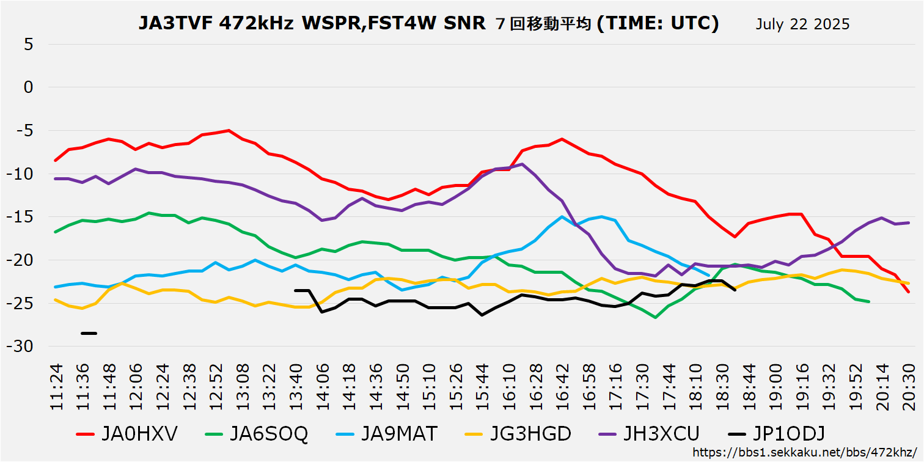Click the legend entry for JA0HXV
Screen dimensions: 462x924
tap(127, 434)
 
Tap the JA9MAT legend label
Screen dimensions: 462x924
tap(387, 434)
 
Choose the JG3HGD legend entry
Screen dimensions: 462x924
tap(518, 434)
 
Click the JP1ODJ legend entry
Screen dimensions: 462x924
tap(777, 434)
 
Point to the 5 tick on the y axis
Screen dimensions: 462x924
tap(28, 45)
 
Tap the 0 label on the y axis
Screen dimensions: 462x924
tap(28, 87)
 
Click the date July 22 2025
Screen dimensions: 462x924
tap(802, 24)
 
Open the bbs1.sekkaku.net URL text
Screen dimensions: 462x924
tap(807, 453)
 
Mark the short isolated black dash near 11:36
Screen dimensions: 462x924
tap(89, 333)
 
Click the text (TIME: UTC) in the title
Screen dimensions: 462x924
tap(658, 24)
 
